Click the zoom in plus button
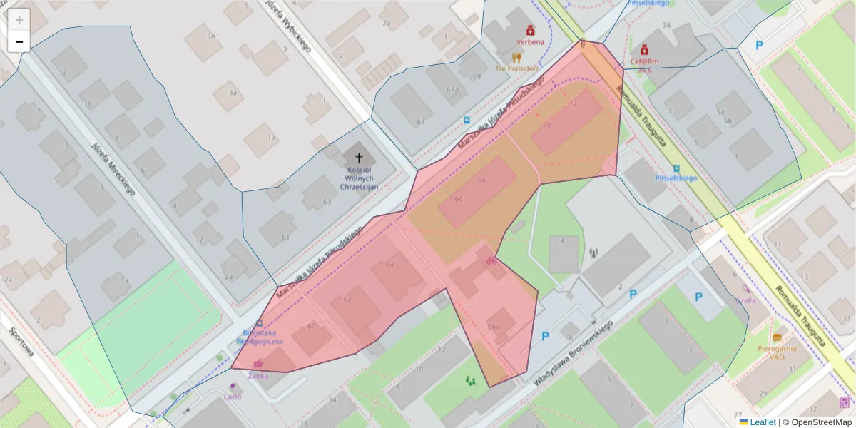click(x=19, y=20)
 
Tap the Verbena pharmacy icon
click(x=530, y=31)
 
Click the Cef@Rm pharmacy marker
click(x=644, y=49)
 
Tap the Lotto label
click(x=233, y=397)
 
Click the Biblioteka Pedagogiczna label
click(x=263, y=337)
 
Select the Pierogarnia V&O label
click(x=777, y=352)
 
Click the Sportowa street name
click(x=22, y=342)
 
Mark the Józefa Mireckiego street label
click(x=113, y=168)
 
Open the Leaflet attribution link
click(x=762, y=422)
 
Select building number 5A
click(x=210, y=35)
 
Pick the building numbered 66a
click(x=493, y=326)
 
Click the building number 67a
click(x=452, y=89)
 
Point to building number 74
click(x=667, y=26)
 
